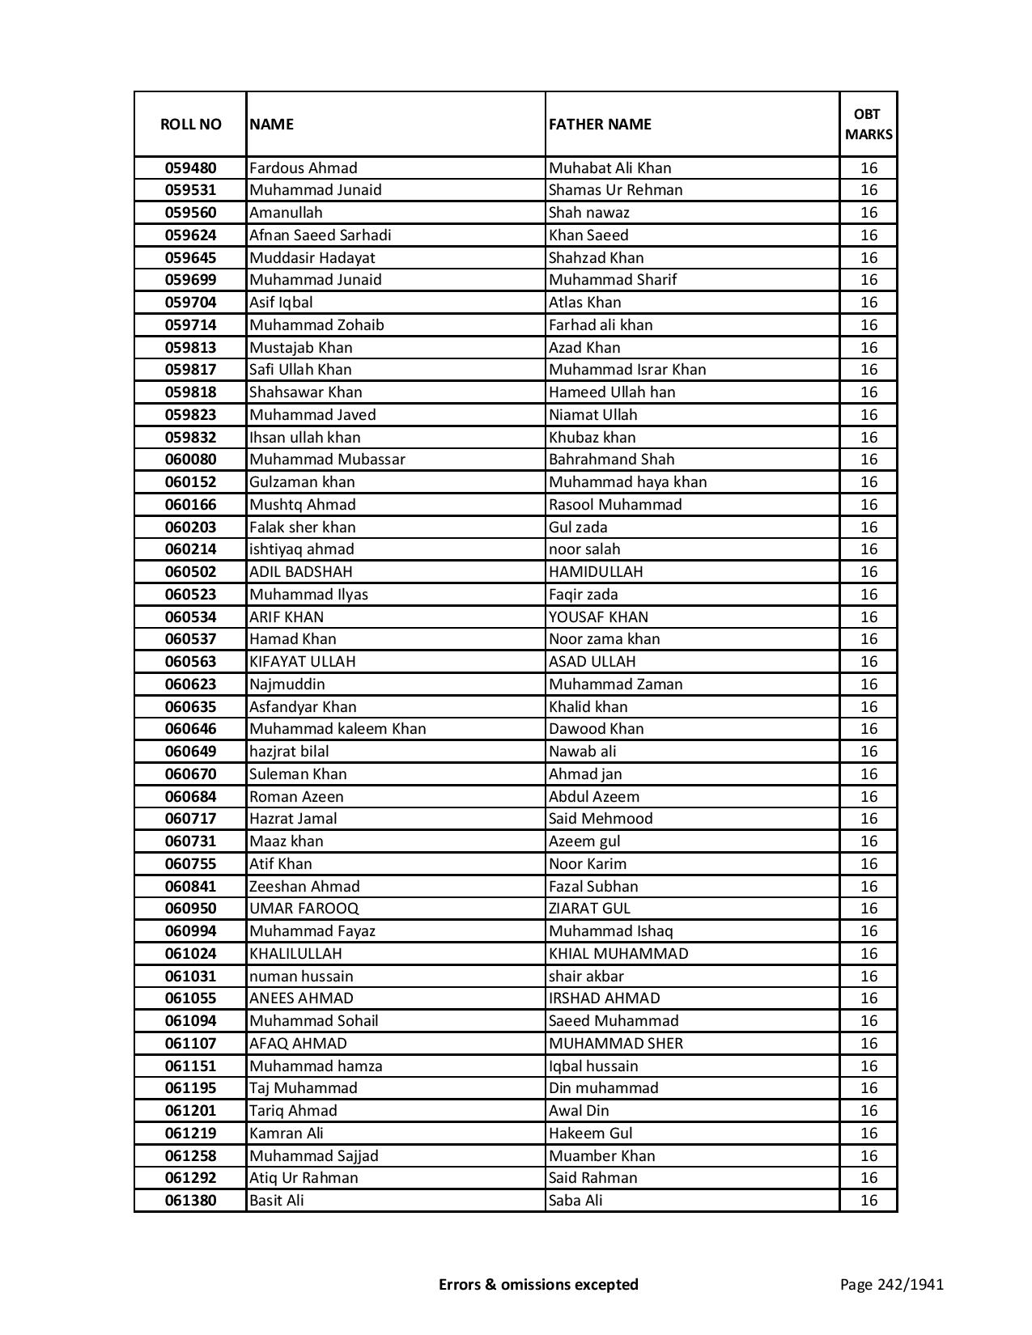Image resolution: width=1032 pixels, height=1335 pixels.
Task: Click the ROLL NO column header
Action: click(x=190, y=124)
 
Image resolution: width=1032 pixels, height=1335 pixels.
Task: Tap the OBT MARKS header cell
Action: click(x=868, y=124)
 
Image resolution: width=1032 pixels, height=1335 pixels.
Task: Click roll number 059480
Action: click(x=190, y=168)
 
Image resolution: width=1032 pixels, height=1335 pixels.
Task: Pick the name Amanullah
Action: click(x=286, y=213)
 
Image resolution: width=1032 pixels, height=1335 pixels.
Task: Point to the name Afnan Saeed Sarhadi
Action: click(x=320, y=235)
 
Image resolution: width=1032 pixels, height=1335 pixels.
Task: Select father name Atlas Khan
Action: click(x=584, y=303)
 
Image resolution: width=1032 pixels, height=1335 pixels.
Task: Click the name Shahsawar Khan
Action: click(x=305, y=392)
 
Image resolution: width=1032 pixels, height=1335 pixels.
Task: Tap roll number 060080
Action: click(x=190, y=460)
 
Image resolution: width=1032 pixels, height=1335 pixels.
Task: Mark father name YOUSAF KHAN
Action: click(x=598, y=617)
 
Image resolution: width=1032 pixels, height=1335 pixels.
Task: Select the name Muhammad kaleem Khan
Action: click(x=338, y=729)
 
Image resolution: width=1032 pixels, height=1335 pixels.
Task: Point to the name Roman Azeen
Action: click(x=296, y=797)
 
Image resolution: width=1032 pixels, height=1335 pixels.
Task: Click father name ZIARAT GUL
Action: click(x=589, y=909)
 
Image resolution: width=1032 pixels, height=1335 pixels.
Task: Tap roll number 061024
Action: click(x=190, y=954)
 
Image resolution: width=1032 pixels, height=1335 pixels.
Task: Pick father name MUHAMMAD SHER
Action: click(x=615, y=1044)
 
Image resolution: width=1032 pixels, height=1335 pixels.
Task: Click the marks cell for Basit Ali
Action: click(x=868, y=1201)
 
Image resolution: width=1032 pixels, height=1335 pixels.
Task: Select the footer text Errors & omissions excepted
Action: click(x=538, y=1284)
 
